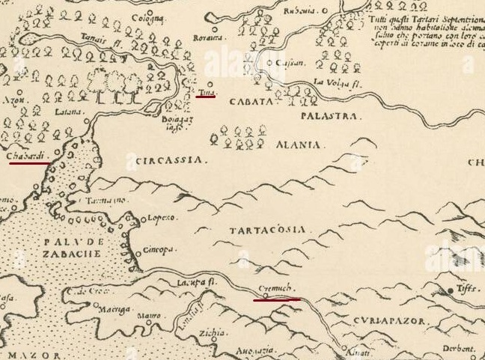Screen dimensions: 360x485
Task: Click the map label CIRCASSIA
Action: pyautogui.click(x=171, y=159)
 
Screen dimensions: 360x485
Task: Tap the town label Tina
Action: pyautogui.click(x=205, y=92)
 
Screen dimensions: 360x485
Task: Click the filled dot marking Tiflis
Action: pyautogui.click(x=451, y=290)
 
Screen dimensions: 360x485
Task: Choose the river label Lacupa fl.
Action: pyautogui.click(x=191, y=282)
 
